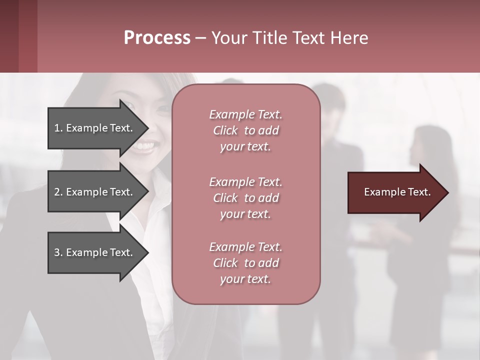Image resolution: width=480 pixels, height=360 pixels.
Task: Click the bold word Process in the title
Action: click(157, 38)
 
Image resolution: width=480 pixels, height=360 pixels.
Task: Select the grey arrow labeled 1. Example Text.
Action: click(95, 128)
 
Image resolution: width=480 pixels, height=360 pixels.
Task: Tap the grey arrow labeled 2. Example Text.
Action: click(95, 192)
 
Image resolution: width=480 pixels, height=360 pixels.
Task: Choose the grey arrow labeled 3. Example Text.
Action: click(95, 252)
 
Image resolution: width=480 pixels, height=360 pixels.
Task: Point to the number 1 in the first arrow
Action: click(57, 128)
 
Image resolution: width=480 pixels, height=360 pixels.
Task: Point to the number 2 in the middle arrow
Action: click(57, 192)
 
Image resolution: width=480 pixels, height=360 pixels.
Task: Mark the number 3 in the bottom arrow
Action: click(57, 252)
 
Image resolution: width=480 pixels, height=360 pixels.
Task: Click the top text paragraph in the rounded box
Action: click(245, 130)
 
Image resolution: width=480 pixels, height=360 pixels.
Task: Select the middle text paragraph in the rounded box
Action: click(245, 198)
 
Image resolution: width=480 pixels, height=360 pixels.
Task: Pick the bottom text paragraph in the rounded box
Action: click(245, 263)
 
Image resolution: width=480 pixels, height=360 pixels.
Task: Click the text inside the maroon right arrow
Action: click(397, 192)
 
